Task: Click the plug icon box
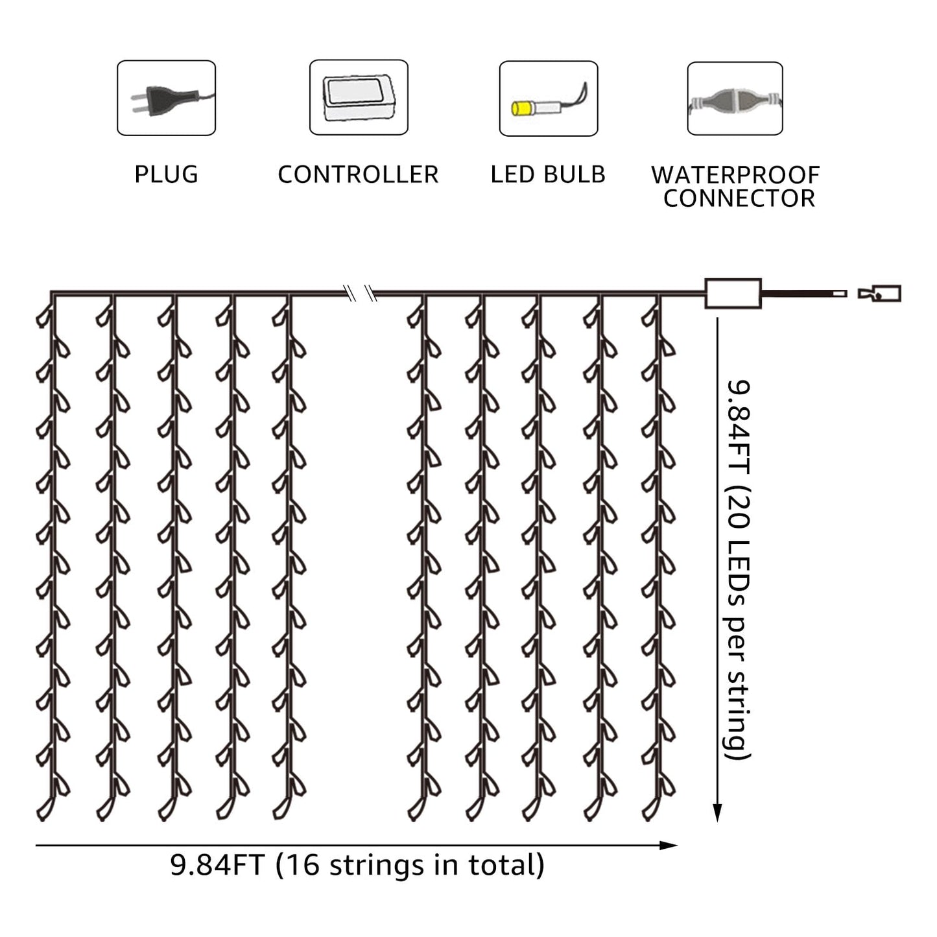point(166,98)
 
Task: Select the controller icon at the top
point(359,98)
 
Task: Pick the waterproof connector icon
point(735,99)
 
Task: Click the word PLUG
point(166,174)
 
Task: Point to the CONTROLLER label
point(358,174)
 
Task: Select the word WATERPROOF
point(735,174)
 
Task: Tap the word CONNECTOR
point(739,198)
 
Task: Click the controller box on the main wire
point(733,294)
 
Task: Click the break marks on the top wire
point(361,294)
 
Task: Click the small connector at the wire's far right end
point(880,294)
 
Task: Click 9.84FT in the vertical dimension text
point(737,427)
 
